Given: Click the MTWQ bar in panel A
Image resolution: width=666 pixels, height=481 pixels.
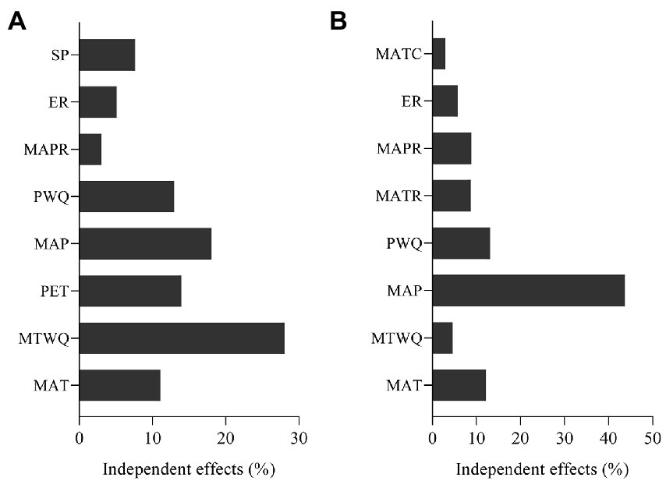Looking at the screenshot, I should pos(182,338).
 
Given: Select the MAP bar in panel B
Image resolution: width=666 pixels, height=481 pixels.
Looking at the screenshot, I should pos(528,290).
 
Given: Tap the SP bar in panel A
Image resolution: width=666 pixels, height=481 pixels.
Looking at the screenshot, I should pos(107,55).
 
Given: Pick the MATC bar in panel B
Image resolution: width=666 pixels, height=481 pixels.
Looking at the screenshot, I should pos(438,55).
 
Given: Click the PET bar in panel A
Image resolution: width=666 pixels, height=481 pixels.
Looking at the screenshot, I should pos(130,290).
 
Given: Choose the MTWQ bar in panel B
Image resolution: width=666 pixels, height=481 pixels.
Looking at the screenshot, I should pos(442,338).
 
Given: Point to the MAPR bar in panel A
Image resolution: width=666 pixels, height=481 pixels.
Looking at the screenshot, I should pos(90,149).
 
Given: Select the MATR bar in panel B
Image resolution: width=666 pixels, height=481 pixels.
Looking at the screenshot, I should pos(452,196).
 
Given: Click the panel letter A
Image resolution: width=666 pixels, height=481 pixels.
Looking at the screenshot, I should pos(17,22).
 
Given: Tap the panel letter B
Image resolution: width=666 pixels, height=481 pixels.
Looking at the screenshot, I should pos(338,22).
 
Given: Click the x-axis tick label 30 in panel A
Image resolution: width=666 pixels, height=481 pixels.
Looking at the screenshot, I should pos(299,439).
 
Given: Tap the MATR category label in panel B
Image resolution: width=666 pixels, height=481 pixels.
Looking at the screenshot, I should pos(399,196).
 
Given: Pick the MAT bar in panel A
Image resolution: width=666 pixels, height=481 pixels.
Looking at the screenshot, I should pos(119,384).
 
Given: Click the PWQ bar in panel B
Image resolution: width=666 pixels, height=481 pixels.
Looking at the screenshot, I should pos(461,243).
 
